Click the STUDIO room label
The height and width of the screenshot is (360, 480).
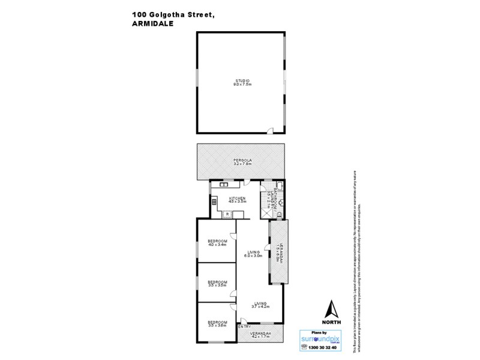click(x=242, y=82)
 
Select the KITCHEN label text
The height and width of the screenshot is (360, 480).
click(x=237, y=199)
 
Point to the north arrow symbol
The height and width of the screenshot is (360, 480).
click(x=331, y=310)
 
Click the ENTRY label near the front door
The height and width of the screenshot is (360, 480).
click(x=244, y=327)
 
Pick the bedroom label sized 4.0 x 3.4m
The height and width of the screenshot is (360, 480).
click(x=217, y=243)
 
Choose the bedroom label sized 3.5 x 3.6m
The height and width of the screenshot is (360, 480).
click(x=217, y=324)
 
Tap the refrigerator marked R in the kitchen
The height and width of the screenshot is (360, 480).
click(x=228, y=213)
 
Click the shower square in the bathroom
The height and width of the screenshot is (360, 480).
click(x=265, y=211)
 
